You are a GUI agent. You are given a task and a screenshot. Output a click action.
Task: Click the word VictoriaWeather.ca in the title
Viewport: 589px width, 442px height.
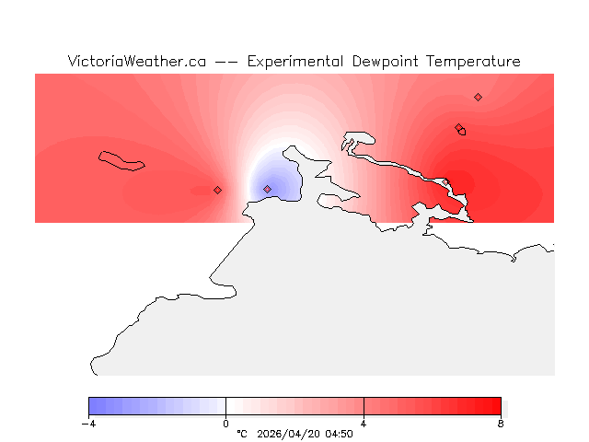pos(136,62)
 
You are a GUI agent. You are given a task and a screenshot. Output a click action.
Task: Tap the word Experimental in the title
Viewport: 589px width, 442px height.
pos(295,62)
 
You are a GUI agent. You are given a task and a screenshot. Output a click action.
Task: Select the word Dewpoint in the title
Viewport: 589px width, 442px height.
pos(387,62)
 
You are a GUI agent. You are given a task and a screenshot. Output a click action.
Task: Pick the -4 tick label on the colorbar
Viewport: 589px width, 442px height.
pos(88,424)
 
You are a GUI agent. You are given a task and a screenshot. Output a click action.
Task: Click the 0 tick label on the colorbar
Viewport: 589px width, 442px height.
pos(225,424)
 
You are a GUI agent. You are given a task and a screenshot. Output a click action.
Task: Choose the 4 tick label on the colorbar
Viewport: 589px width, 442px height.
pos(364,424)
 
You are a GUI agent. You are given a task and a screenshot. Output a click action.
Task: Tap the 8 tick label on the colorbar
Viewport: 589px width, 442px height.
pos(501,424)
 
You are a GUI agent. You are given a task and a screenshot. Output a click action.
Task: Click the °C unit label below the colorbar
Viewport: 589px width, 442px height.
pos(242,434)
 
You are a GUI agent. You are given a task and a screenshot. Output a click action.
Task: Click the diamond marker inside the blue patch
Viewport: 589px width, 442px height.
pos(268,189)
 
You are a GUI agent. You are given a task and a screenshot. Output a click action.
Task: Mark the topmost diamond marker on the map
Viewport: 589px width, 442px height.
pos(478,97)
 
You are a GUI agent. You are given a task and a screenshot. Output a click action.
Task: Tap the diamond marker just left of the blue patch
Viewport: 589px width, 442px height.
pos(217,190)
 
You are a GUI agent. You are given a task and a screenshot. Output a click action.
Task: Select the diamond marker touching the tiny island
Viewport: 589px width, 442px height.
pos(458,127)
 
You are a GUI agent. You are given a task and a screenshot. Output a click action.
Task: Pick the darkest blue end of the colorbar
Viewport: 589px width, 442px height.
pos(92,406)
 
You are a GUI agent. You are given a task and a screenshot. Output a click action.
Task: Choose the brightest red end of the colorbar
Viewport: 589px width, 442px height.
pos(497,406)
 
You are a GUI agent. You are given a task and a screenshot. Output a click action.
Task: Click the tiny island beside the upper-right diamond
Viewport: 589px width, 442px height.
pos(463,132)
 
